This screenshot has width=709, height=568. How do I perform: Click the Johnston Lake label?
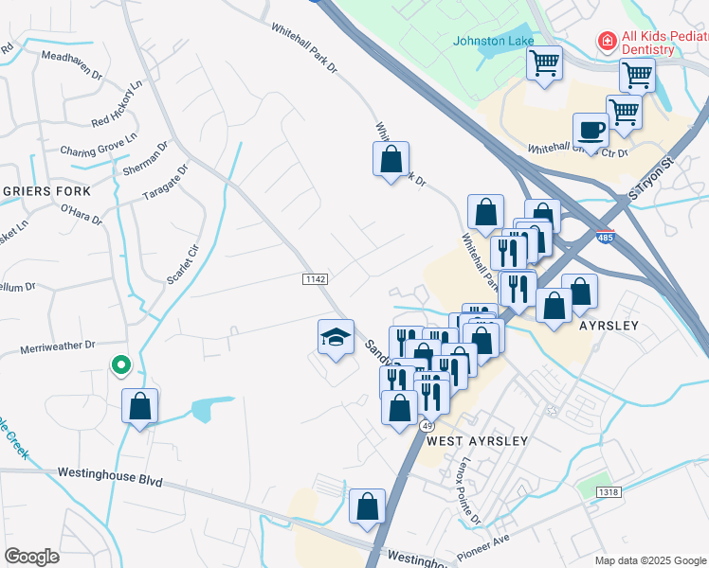coord(493,41)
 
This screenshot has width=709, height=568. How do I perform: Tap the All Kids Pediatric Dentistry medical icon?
coord(604,42)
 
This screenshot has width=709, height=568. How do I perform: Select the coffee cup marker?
coord(591,131)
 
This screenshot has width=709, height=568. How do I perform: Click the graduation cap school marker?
coord(336,338)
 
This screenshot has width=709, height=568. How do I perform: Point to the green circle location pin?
coord(120,364)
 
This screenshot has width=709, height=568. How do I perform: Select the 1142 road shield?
coord(316,278)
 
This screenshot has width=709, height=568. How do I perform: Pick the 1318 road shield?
coord(609,491)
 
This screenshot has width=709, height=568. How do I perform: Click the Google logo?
coord(31,557)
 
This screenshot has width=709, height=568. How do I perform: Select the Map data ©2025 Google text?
coord(649,560)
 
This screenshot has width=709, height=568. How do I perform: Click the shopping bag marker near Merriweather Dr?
coord(140,407)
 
